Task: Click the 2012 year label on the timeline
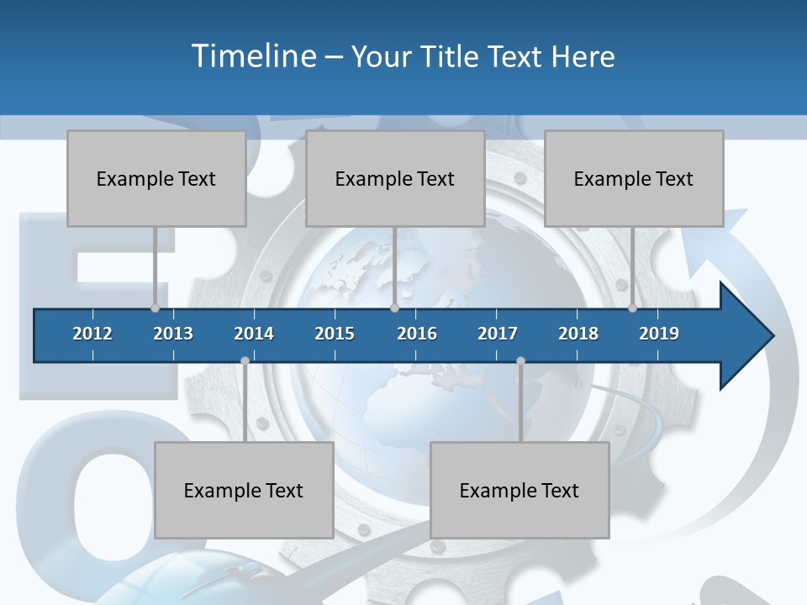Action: click(92, 334)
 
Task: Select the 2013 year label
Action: click(173, 334)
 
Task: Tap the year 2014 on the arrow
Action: click(254, 334)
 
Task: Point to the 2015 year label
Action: click(335, 334)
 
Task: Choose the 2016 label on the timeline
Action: click(417, 334)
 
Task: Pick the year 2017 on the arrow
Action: click(498, 334)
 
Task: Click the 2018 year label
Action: click(578, 334)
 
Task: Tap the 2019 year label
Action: click(659, 334)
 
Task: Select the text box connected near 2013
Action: click(156, 178)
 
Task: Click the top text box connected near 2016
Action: click(395, 178)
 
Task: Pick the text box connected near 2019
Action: click(634, 178)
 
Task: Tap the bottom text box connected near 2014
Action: click(244, 490)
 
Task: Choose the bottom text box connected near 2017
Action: click(520, 490)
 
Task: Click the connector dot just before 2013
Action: click(156, 308)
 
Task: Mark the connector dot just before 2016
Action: click(394, 308)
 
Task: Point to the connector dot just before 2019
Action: click(632, 308)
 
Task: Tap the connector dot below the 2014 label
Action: click(245, 361)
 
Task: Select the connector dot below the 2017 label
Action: click(520, 361)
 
